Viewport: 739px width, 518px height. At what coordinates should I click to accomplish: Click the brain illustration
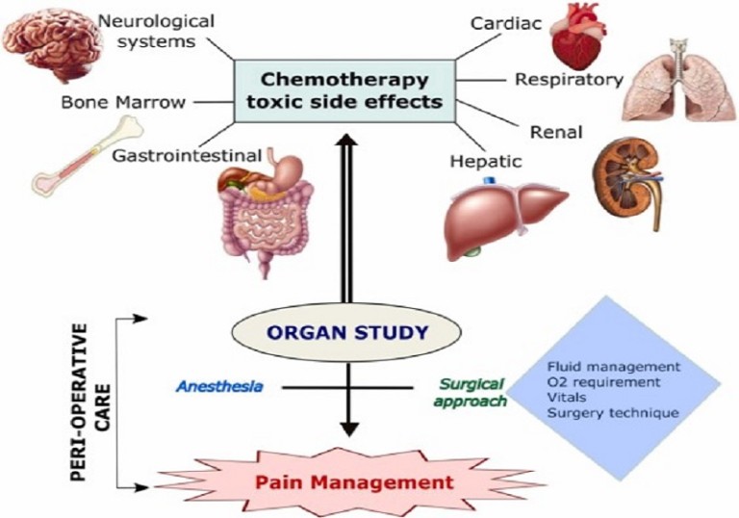tap(52, 43)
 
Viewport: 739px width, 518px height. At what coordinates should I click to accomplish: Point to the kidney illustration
tap(627, 185)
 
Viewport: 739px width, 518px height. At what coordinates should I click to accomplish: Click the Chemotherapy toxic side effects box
tap(344, 91)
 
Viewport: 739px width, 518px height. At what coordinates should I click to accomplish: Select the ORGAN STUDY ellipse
tap(346, 332)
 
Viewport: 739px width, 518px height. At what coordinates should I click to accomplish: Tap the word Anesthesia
tap(219, 387)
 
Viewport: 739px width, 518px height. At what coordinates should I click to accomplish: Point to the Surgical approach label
tap(470, 393)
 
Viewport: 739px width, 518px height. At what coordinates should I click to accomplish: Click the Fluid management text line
tap(614, 367)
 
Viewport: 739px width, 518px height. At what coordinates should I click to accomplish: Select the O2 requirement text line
tap(603, 381)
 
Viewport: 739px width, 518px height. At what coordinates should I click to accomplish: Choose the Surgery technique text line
tap(613, 413)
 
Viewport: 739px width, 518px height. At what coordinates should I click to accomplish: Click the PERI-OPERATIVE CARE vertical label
tap(89, 401)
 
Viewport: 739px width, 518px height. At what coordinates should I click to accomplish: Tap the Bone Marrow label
tap(123, 102)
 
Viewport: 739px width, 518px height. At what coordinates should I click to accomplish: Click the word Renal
tap(556, 132)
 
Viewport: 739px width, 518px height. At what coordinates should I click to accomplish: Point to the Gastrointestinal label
tap(187, 155)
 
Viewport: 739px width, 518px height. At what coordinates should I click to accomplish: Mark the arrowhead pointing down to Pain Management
tap(349, 428)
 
